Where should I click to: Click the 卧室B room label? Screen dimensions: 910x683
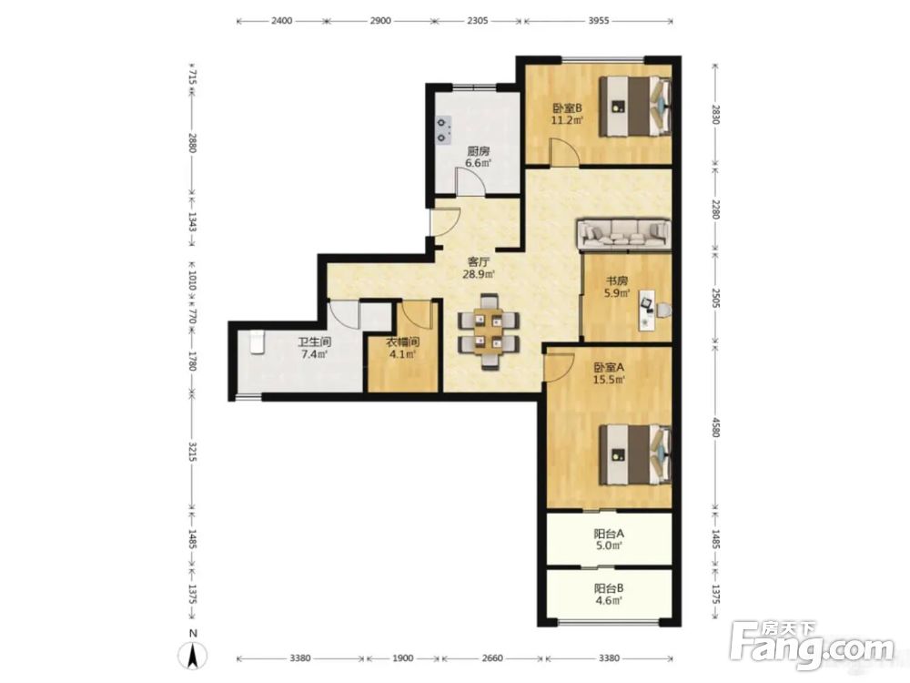(x=567, y=107)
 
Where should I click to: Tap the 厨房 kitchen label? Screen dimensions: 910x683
(x=479, y=151)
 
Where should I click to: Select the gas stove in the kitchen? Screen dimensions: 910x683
(x=444, y=130)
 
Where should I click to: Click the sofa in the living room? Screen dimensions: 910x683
(x=623, y=233)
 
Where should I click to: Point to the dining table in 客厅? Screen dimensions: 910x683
(x=489, y=332)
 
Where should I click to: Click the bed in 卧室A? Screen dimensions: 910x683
(x=635, y=454)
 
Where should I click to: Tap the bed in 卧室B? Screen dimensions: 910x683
(x=635, y=107)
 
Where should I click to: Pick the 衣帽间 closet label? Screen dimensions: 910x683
(x=403, y=342)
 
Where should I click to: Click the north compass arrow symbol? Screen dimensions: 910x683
(x=195, y=655)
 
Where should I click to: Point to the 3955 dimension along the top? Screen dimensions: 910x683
(x=599, y=21)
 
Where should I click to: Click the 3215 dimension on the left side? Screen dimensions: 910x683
(x=193, y=453)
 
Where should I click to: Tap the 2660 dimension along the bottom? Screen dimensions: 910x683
(x=492, y=658)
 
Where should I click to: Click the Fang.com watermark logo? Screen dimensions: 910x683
(x=812, y=644)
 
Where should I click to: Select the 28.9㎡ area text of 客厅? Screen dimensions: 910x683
(x=479, y=274)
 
